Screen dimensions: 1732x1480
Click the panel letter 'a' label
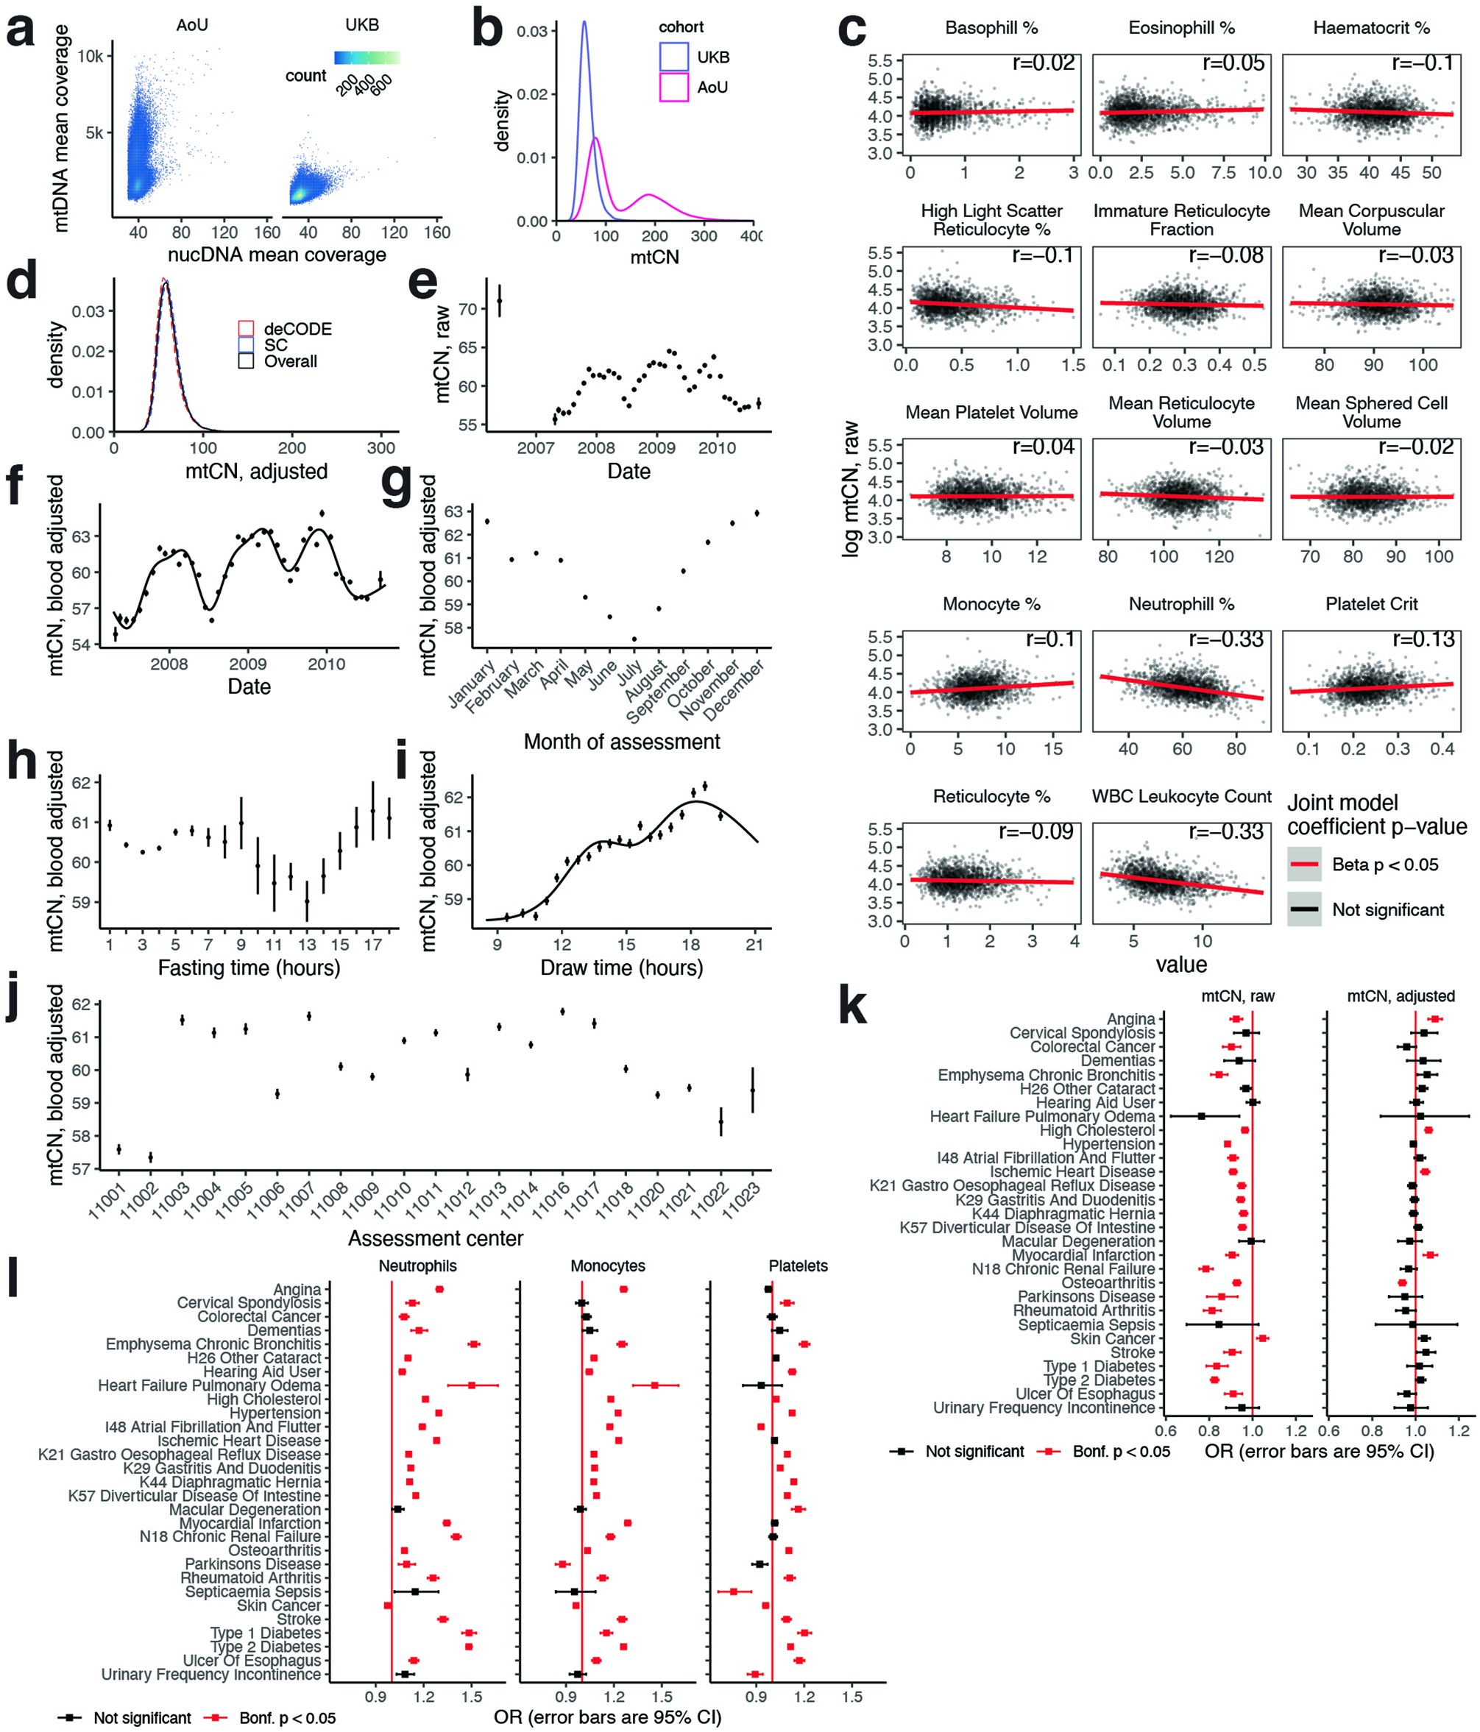click(x=20, y=33)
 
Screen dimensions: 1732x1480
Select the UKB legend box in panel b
click(x=673, y=57)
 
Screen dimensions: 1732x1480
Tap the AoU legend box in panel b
click(x=673, y=87)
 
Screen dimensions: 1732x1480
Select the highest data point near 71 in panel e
click(x=499, y=301)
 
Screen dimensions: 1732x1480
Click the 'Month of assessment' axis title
click(x=621, y=742)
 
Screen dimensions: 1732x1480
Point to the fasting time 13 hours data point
click(x=307, y=902)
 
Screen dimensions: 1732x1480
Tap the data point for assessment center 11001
click(x=118, y=1149)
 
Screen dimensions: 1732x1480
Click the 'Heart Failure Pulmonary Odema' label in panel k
click(x=1042, y=1116)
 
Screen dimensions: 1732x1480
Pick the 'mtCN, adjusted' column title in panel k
click(x=1401, y=996)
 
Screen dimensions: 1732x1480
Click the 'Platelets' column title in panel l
click(x=798, y=1266)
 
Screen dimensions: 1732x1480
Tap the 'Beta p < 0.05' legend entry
click(x=1384, y=865)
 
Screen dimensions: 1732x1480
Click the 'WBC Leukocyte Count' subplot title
click(x=1180, y=797)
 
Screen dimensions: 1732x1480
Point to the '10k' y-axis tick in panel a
click(x=91, y=56)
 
